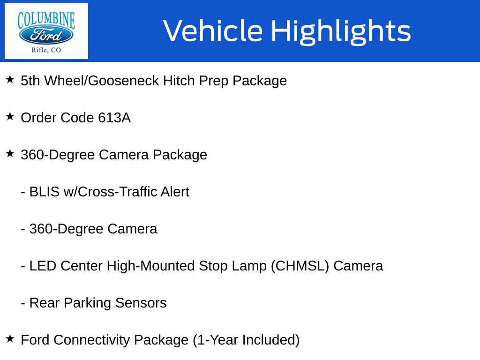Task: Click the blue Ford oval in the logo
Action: tap(46, 35)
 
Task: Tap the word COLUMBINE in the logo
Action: tap(46, 20)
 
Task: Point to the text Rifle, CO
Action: tap(46, 50)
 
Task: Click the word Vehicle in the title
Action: tap(213, 30)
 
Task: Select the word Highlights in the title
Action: tap(341, 31)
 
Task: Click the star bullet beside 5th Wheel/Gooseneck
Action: tap(10, 80)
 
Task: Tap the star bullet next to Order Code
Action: tap(10, 117)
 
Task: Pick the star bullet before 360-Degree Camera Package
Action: tap(10, 154)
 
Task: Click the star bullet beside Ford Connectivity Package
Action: tap(10, 339)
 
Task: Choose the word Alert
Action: tap(175, 192)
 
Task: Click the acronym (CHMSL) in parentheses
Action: tap(300, 266)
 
